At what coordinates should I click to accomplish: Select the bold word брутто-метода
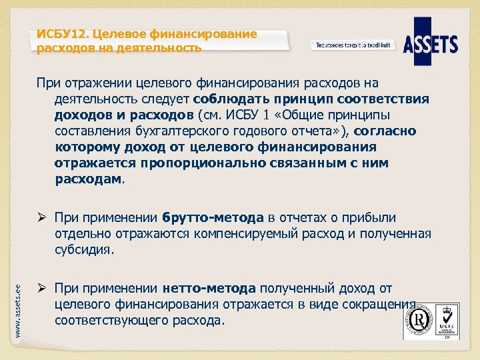[x=213, y=218]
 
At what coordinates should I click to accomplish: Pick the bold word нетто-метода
[x=209, y=289]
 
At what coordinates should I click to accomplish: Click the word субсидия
[x=83, y=250]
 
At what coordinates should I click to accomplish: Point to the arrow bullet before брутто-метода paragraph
[x=42, y=218]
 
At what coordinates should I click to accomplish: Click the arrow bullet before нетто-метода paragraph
[x=42, y=289]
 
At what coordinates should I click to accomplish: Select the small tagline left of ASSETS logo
[x=353, y=45]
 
